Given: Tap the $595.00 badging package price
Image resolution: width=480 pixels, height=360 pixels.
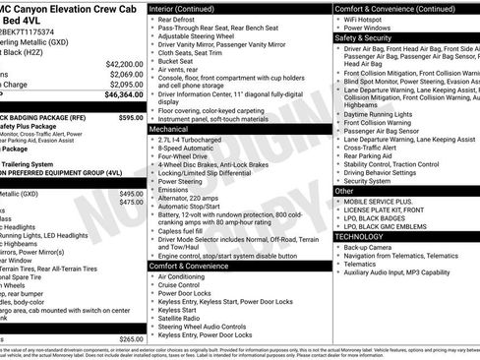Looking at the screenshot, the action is tap(130, 116).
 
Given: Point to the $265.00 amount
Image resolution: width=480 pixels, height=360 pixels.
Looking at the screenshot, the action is tap(130, 338).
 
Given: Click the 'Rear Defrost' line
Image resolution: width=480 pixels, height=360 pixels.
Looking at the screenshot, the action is tap(180, 18).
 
